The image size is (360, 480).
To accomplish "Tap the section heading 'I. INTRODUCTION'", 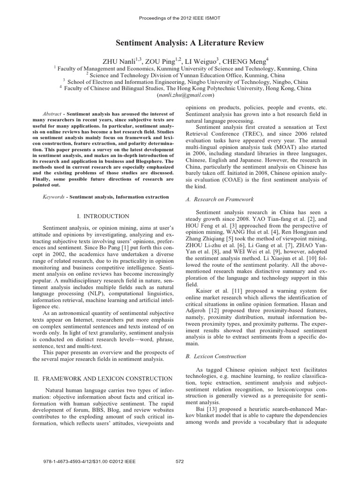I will tap(103, 216).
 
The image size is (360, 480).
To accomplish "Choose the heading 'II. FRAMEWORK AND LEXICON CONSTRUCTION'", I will tap(103, 378).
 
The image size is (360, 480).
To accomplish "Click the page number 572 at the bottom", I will tap(179, 461).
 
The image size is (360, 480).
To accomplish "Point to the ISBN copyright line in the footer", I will tap(89, 461).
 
